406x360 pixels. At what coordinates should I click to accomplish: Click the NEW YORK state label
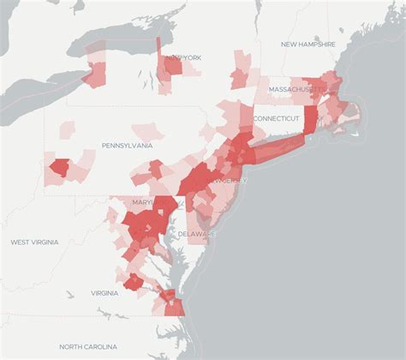[x=184, y=57]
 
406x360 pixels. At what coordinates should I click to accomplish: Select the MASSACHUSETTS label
[x=297, y=88]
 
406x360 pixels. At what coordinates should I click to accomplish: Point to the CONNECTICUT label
[x=276, y=118]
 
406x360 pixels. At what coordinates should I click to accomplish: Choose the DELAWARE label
[x=197, y=233]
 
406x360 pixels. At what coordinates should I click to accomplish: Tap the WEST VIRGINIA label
[x=34, y=243]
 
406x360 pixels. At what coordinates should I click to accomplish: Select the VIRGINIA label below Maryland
[x=104, y=293]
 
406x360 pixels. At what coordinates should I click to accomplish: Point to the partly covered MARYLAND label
[x=137, y=202]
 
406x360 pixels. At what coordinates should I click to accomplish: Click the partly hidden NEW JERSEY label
[x=230, y=181]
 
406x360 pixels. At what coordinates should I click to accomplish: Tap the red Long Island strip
[x=278, y=146]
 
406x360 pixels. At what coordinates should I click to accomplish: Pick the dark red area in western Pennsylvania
[x=59, y=167]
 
